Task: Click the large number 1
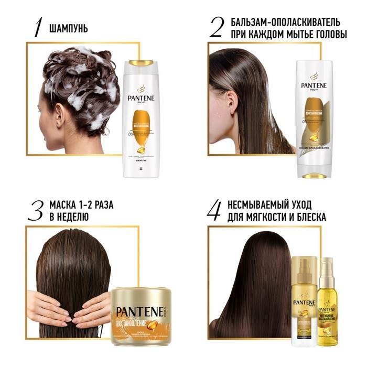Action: click(38, 28)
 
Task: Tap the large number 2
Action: click(216, 27)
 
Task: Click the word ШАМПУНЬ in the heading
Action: click(68, 28)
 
